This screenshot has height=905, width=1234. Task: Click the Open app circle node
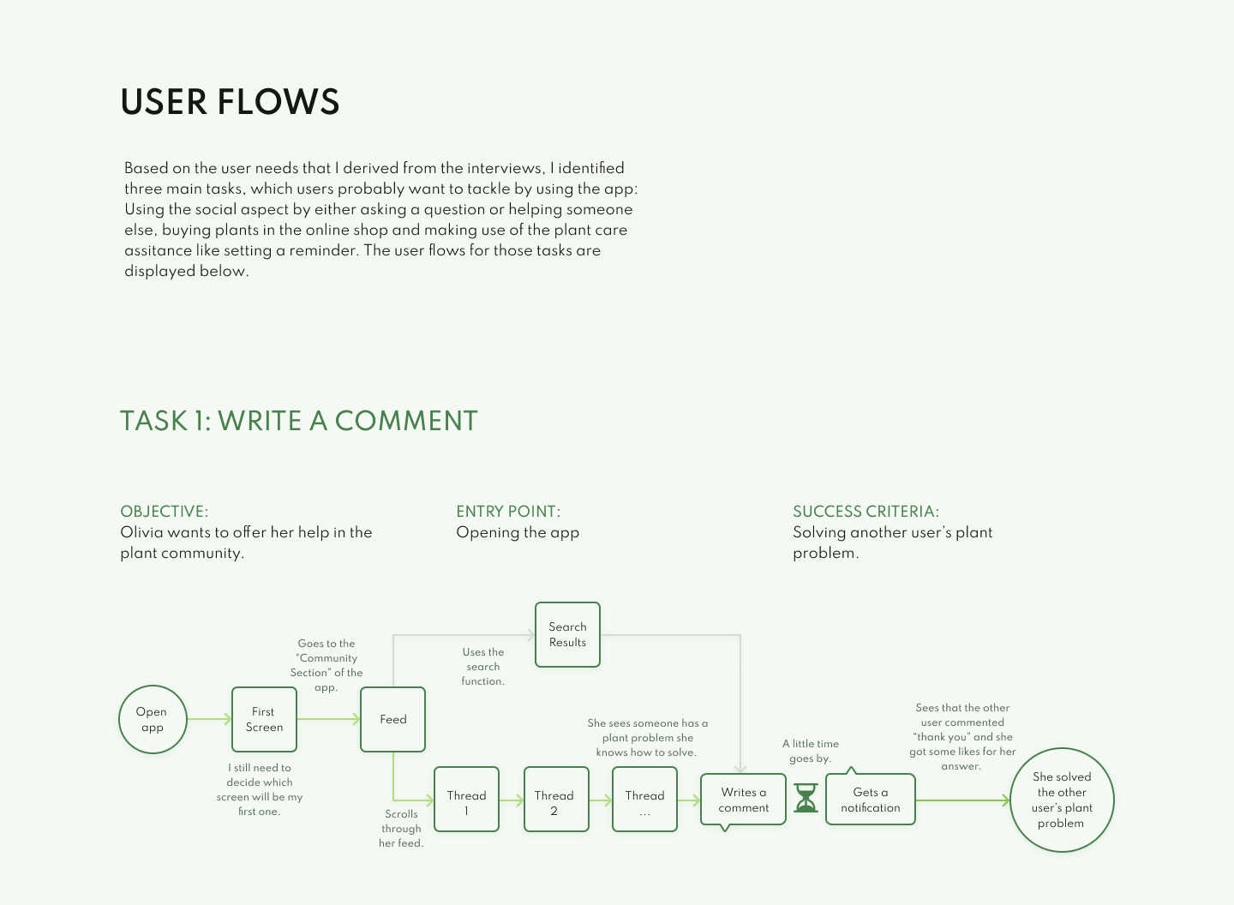pos(153,719)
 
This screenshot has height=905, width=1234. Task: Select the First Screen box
pos(264,719)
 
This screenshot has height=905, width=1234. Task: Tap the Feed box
pos(392,719)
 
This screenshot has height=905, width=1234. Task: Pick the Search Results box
pos(567,634)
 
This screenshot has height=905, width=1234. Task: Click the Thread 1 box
pos(466,799)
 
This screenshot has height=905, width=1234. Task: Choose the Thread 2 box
pos(556,799)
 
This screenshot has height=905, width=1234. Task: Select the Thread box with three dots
pos(644,799)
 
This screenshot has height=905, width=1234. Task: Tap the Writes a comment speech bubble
pos(743,800)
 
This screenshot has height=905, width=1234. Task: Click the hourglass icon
pos(806,798)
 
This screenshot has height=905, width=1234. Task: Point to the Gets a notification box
pos(870,800)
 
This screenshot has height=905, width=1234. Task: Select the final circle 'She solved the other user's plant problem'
pos(1062,800)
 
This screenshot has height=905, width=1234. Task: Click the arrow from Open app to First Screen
pos(209,719)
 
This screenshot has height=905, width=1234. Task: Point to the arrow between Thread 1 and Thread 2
pos(512,800)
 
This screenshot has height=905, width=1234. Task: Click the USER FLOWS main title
pos(230,102)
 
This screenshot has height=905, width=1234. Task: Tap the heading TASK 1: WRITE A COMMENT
pos(298,421)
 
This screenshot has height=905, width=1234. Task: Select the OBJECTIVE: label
pos(165,512)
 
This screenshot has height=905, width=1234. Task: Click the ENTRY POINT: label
pos(508,512)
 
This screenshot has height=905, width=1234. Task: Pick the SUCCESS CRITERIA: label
pos(866,512)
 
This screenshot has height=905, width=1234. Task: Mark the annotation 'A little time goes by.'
pos(811,751)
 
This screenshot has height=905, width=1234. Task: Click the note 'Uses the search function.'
pos(483,666)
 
